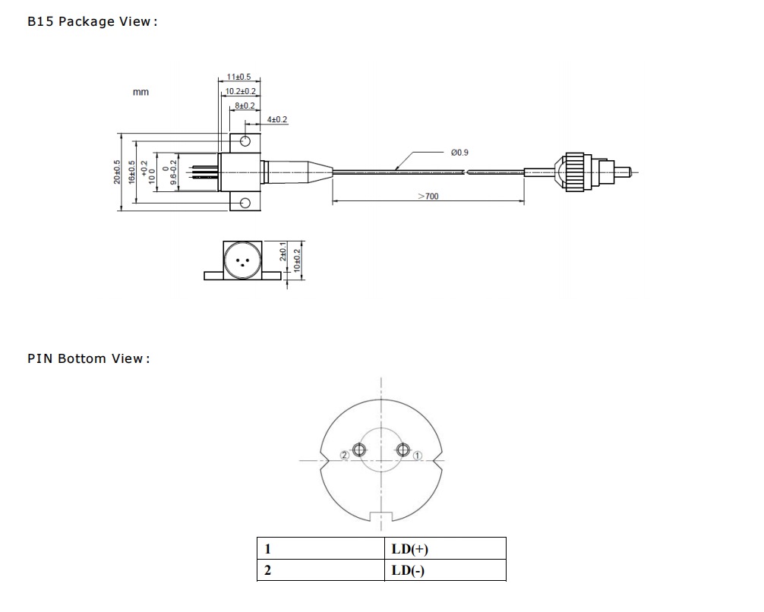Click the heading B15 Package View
[x=92, y=21]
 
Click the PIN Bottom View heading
[x=88, y=358]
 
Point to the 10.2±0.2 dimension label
[x=240, y=91]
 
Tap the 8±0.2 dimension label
[x=245, y=106]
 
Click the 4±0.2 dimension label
[x=277, y=120]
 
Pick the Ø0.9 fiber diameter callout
[x=459, y=153]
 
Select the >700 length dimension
[x=428, y=197]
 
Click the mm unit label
[x=140, y=92]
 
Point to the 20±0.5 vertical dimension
[x=117, y=172]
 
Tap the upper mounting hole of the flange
[x=245, y=141]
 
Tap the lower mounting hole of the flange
[x=245, y=203]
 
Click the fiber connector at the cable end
[x=586, y=172]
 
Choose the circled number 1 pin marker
[x=418, y=456]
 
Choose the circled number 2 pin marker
[x=345, y=455]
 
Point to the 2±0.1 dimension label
[x=283, y=251]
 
